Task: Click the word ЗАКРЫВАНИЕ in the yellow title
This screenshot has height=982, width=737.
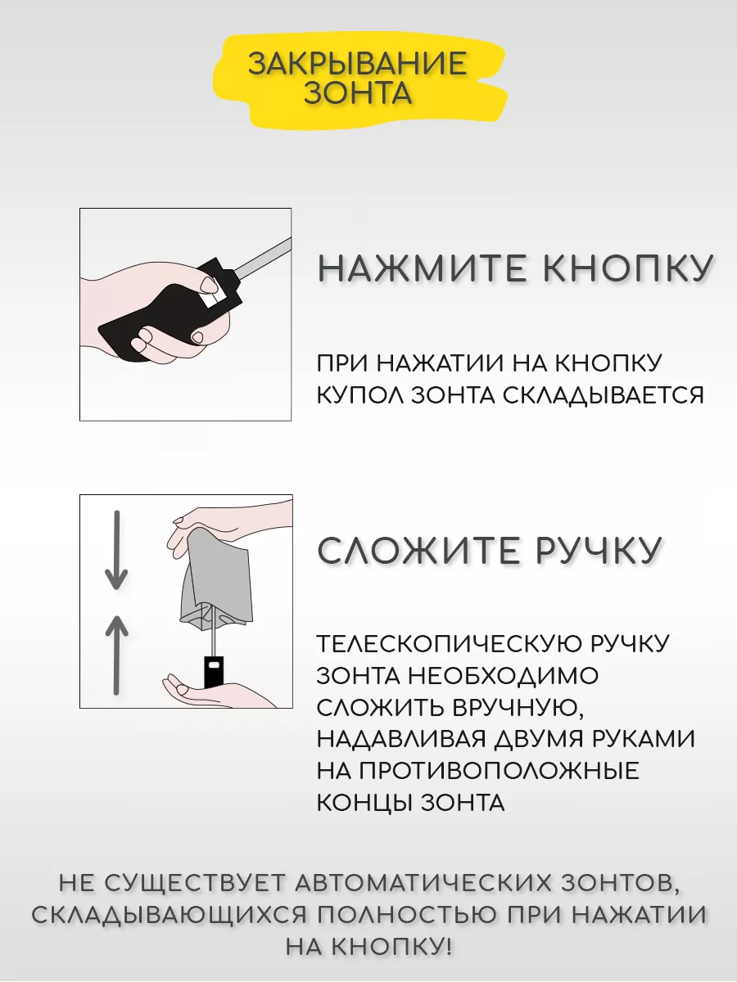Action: [x=358, y=63]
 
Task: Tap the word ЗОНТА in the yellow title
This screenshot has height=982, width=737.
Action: [x=358, y=92]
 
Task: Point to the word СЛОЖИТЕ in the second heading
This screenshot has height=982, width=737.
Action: [x=418, y=550]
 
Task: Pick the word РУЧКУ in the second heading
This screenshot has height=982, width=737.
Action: [x=599, y=550]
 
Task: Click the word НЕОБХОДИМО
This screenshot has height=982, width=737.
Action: [x=503, y=676]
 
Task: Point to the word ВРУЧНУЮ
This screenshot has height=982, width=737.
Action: [x=518, y=708]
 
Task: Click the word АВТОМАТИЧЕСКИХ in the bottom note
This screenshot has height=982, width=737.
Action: [x=423, y=883]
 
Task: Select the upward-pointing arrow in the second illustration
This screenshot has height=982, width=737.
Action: [x=117, y=655]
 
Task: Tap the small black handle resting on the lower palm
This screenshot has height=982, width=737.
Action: [x=214, y=671]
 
